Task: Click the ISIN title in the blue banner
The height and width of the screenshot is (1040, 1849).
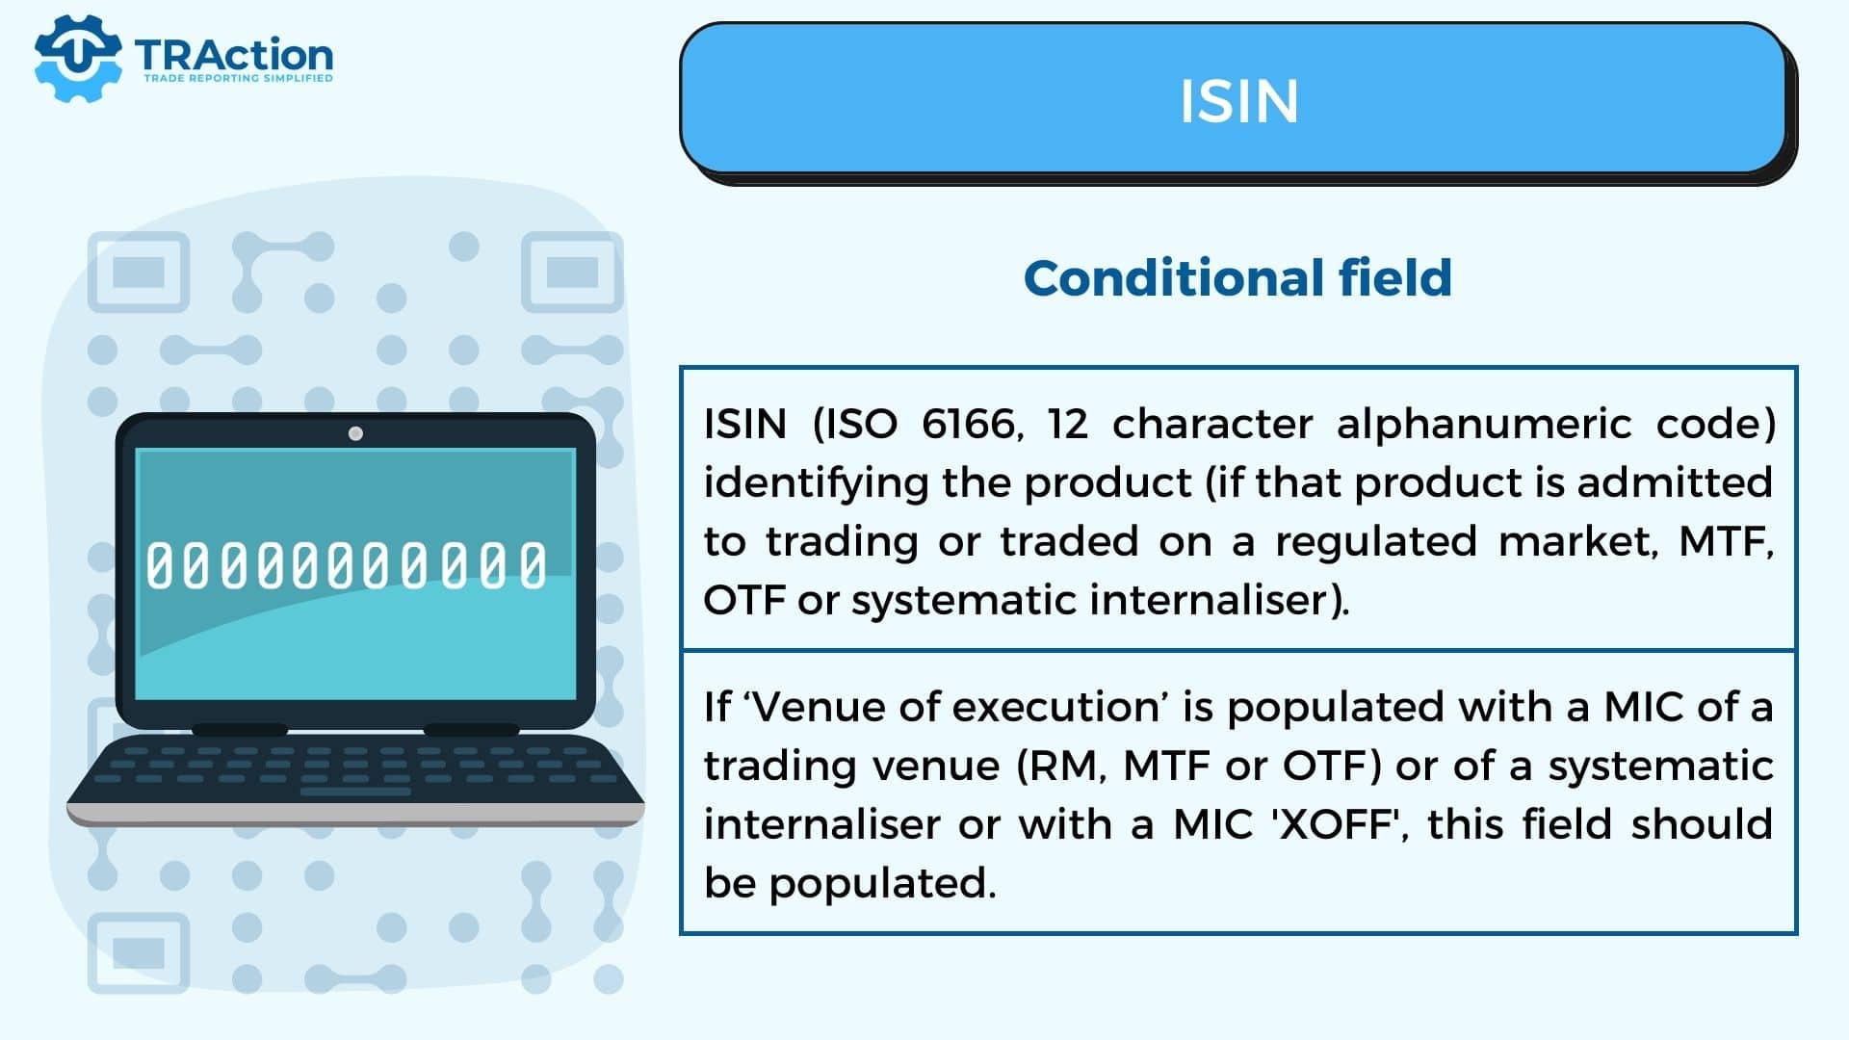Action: tap(1238, 100)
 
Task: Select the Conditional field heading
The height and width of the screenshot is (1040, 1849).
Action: tap(1237, 278)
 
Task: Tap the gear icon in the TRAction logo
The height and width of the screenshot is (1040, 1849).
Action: tap(78, 58)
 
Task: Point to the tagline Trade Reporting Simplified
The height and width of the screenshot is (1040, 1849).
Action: tap(238, 78)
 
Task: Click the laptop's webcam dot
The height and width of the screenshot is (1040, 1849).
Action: tap(355, 433)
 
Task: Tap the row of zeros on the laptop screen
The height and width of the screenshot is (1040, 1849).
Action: tap(347, 565)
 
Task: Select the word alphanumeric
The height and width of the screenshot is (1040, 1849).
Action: tap(1484, 424)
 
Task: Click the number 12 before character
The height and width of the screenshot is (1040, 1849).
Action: tap(1068, 424)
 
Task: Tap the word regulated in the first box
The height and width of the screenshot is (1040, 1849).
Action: tap(1376, 542)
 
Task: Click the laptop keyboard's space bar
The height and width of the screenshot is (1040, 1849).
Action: tap(355, 792)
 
